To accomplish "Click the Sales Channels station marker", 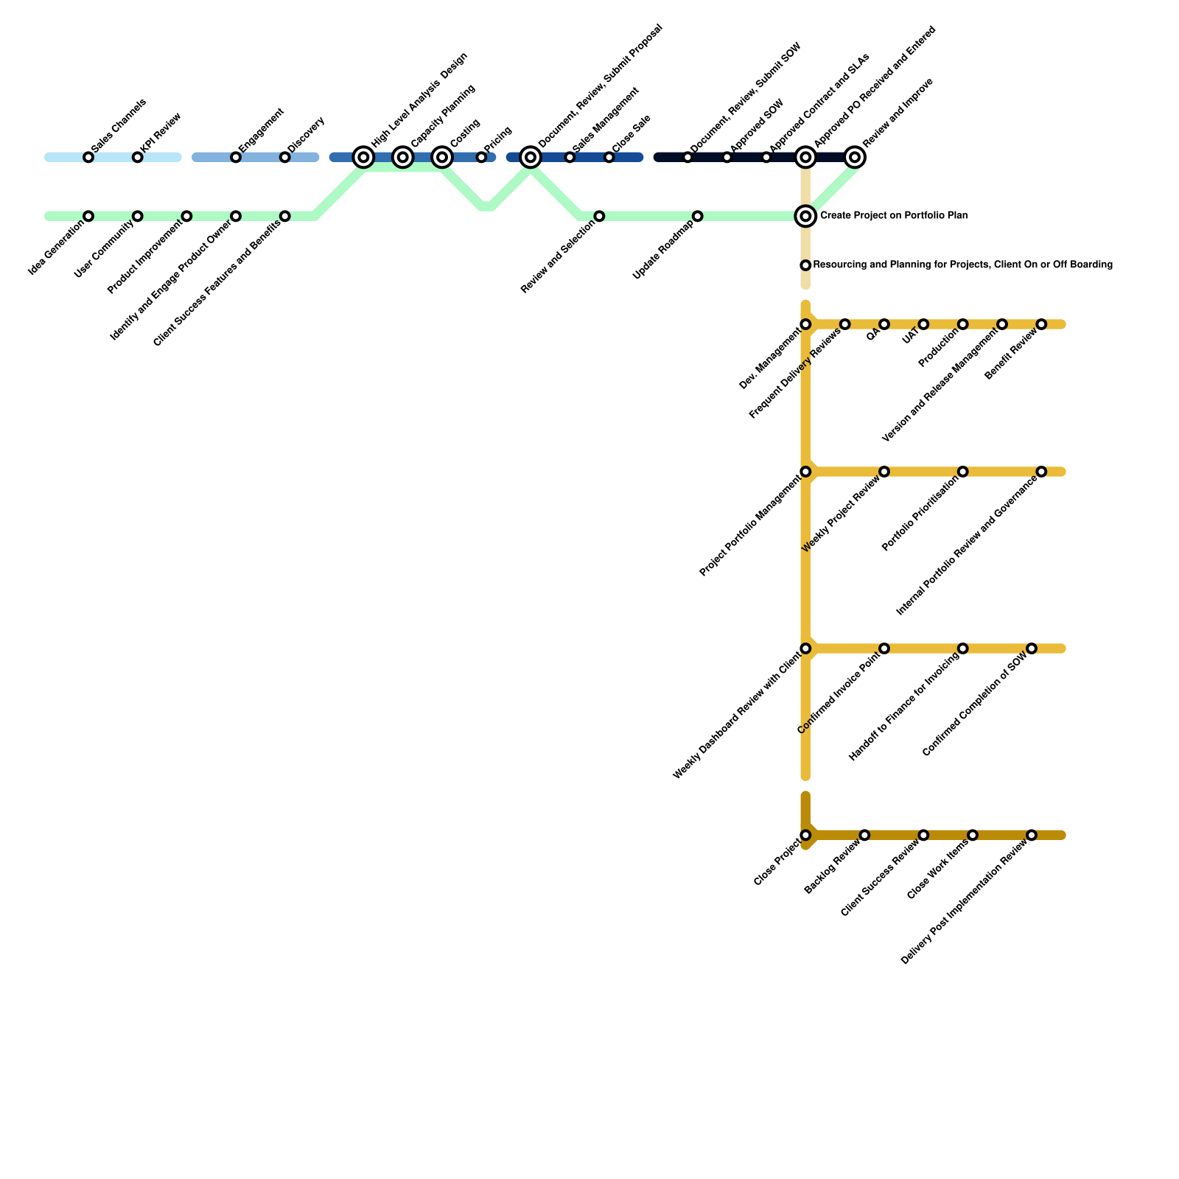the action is coord(88,158).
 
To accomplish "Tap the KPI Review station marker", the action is coord(138,158).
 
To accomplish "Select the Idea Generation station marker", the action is coord(88,217).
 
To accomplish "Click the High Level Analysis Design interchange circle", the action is coord(363,158).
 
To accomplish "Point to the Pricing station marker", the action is coord(481,158).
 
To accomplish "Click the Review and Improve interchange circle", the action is coord(855,158).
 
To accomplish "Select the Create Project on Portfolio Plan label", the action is coord(893,216).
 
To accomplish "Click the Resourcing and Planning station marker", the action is coord(805,265).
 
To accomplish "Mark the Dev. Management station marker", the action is coord(805,325).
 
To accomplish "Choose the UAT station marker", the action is coord(923,325).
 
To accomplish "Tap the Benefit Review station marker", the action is coord(1041,325).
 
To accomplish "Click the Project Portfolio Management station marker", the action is coord(805,472).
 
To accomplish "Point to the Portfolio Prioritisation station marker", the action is coord(963,472).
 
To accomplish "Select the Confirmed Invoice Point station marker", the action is coord(884,648).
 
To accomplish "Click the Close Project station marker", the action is coord(805,836).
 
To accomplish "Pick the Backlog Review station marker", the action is coord(864,836).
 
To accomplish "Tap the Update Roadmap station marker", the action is coord(698,217).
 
